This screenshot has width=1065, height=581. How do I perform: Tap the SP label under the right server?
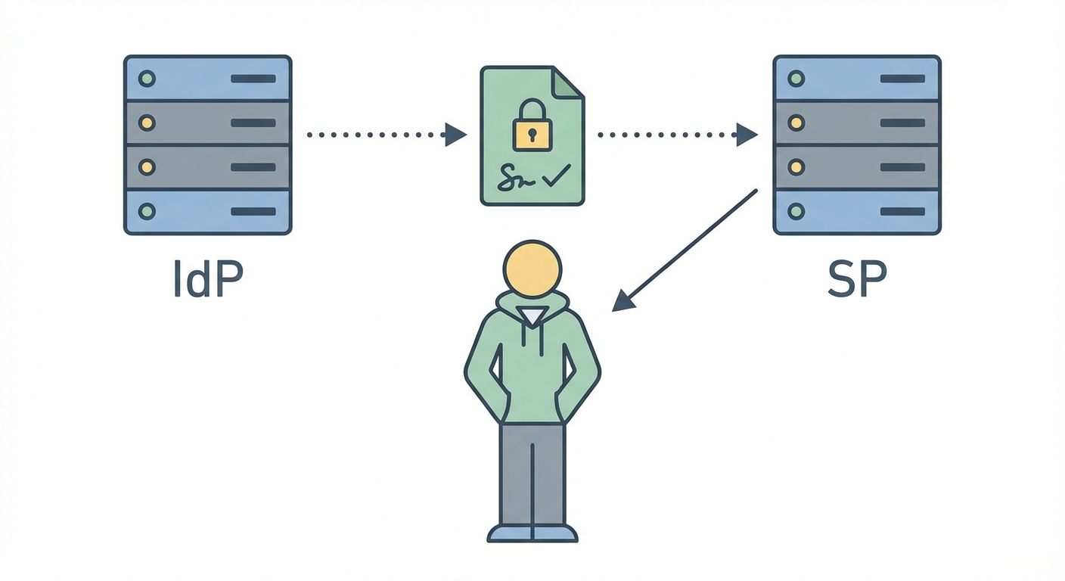coord(856,281)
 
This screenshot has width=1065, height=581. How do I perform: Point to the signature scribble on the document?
coord(517,179)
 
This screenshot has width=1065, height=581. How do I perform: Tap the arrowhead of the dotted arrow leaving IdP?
coord(455,135)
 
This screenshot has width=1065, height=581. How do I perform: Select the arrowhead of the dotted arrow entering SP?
coord(747,135)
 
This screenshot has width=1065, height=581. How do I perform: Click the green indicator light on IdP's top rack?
coord(147,78)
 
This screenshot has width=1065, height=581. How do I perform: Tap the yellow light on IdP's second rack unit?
coord(147,123)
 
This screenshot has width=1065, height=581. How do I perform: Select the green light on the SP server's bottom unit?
coord(796,211)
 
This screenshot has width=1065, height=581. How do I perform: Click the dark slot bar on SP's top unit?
coord(902,79)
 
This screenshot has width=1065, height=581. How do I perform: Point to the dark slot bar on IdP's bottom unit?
coord(253,212)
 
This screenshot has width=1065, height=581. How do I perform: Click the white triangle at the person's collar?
coord(532,317)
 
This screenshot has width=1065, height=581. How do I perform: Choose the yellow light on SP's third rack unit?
coord(796,166)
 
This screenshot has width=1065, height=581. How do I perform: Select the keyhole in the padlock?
coord(532,135)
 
